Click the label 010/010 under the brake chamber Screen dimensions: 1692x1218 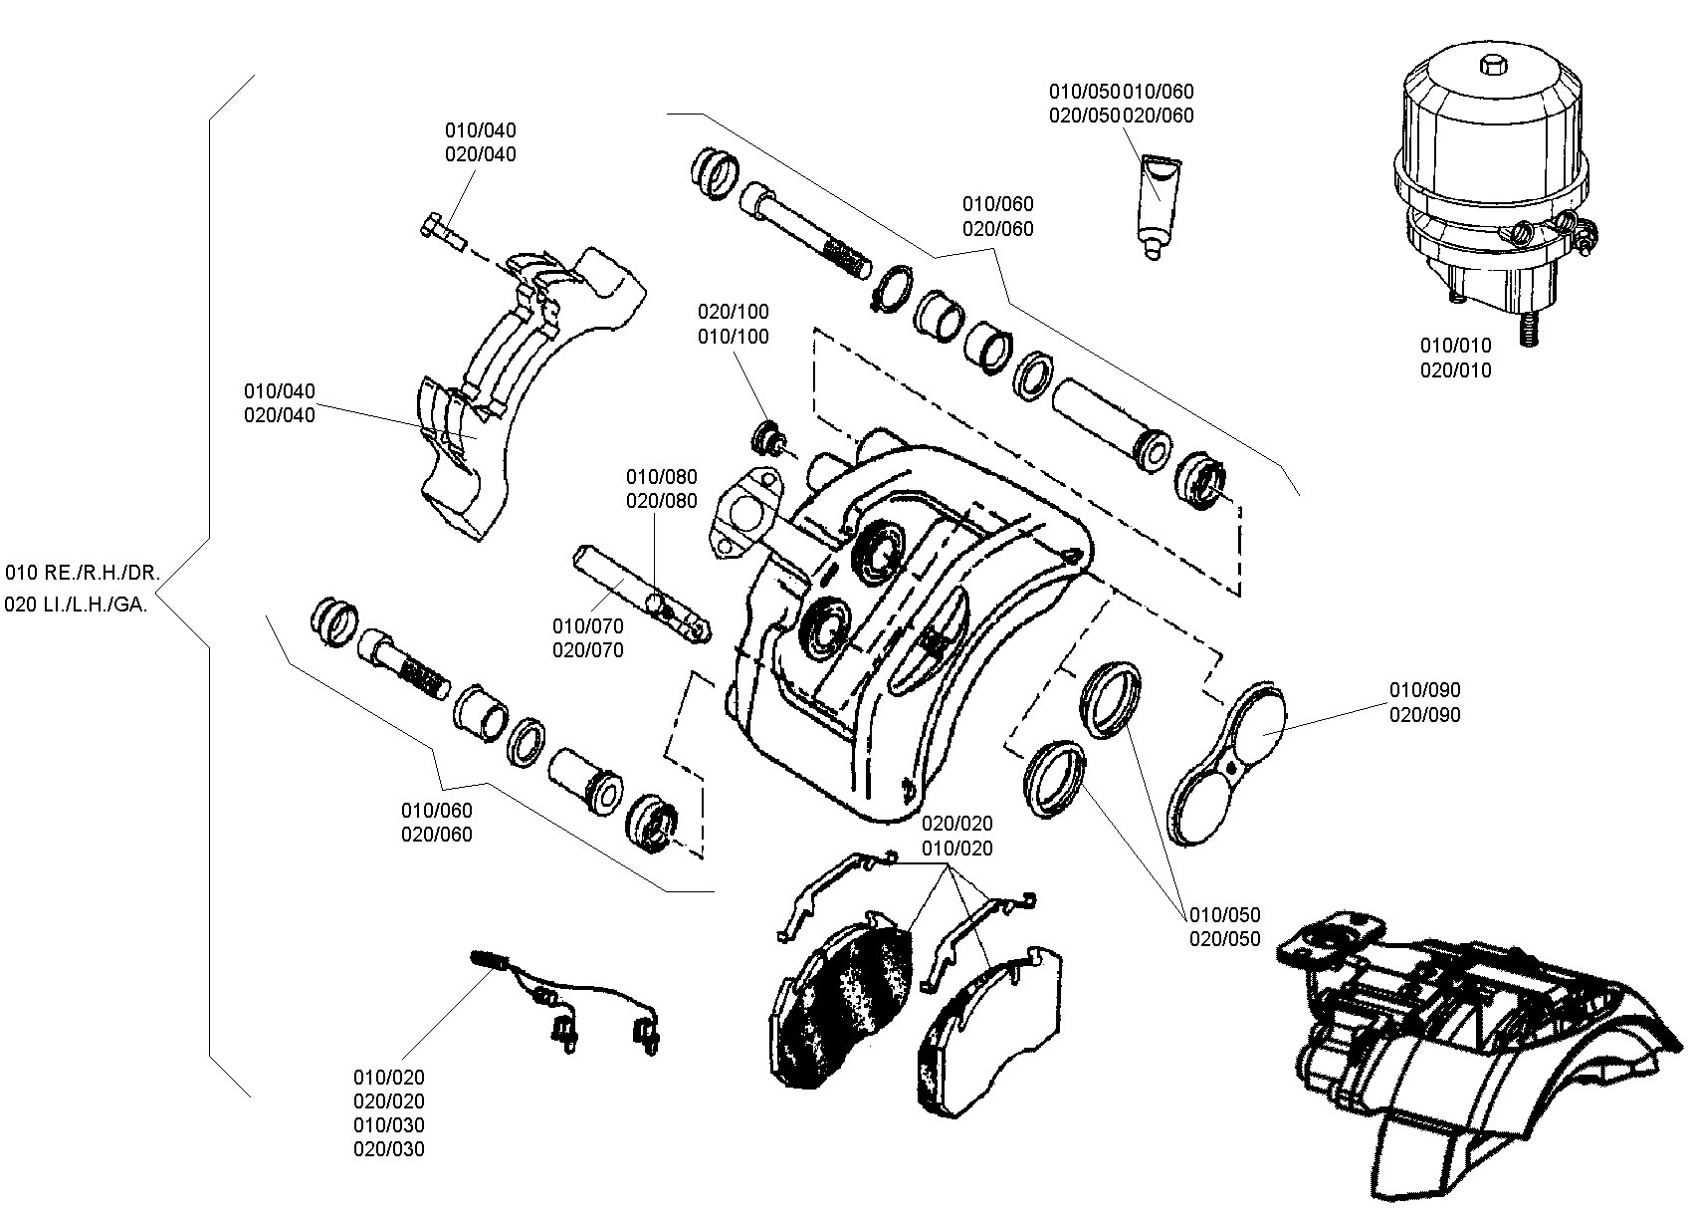1455,346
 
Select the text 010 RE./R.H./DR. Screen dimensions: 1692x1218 83,573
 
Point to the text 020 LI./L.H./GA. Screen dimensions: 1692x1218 76,605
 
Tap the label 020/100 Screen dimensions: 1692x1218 733,312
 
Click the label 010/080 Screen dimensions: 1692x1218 662,476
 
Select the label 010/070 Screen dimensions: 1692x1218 587,626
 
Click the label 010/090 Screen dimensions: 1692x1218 1424,689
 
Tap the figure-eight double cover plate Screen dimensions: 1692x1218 1225,764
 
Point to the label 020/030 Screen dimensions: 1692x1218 389,1148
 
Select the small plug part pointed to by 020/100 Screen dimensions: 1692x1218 768,438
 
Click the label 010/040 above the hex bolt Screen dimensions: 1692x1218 481,130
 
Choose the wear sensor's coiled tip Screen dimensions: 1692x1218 491,959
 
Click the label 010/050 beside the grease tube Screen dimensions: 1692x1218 1084,92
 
